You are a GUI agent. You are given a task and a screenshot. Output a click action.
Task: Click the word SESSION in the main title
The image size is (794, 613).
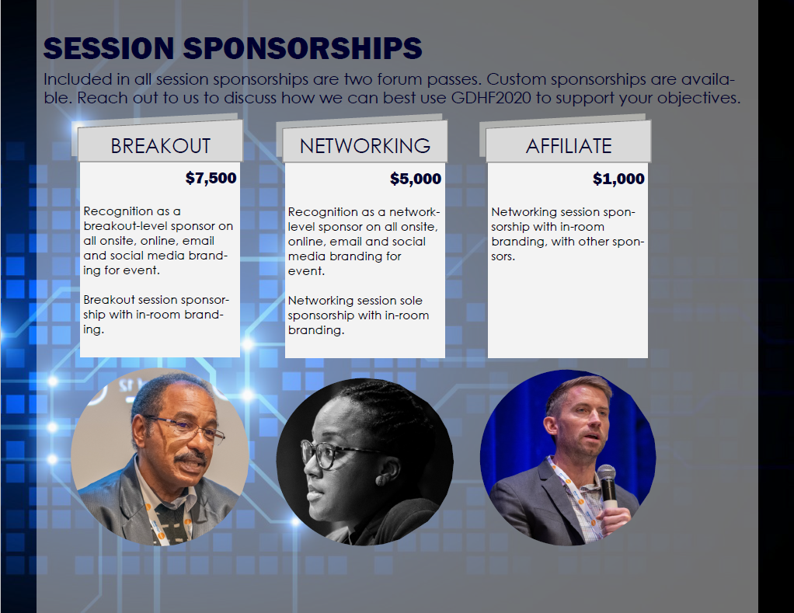pos(109,49)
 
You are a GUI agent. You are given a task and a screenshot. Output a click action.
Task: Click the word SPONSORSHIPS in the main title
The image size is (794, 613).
pos(302,49)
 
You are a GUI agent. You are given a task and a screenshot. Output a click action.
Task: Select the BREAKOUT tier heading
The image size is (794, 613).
pos(161,146)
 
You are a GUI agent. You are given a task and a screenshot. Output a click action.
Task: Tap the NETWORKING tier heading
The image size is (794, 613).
pos(365,146)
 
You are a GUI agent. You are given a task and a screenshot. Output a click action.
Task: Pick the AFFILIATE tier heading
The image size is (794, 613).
pos(569,146)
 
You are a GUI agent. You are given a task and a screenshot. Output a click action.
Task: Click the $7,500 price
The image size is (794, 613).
pos(211,178)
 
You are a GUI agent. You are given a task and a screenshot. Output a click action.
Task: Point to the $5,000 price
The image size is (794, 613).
pos(415,179)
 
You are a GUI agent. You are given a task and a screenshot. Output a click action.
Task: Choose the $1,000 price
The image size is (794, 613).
pos(618,179)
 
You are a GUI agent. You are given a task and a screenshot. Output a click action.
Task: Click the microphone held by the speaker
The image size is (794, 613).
pos(607,483)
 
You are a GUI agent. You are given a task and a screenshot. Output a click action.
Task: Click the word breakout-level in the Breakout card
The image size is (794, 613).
pos(126,226)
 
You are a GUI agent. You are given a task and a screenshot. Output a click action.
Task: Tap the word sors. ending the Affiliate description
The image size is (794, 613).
pos(503,256)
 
